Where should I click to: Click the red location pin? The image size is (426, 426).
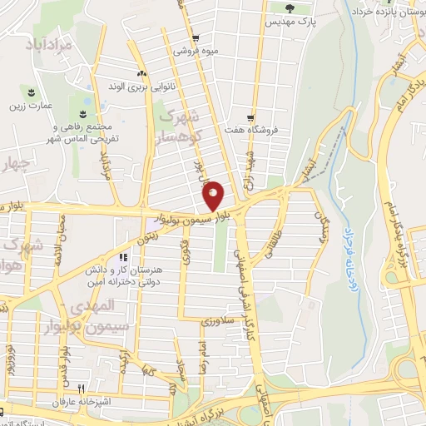point(213,195)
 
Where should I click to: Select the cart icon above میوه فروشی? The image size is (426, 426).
point(195,38)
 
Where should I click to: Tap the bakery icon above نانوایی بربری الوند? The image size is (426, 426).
point(141,73)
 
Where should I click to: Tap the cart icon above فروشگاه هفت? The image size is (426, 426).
point(250,117)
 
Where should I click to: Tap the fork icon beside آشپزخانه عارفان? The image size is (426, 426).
point(81,389)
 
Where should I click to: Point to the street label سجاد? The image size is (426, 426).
point(180,363)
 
